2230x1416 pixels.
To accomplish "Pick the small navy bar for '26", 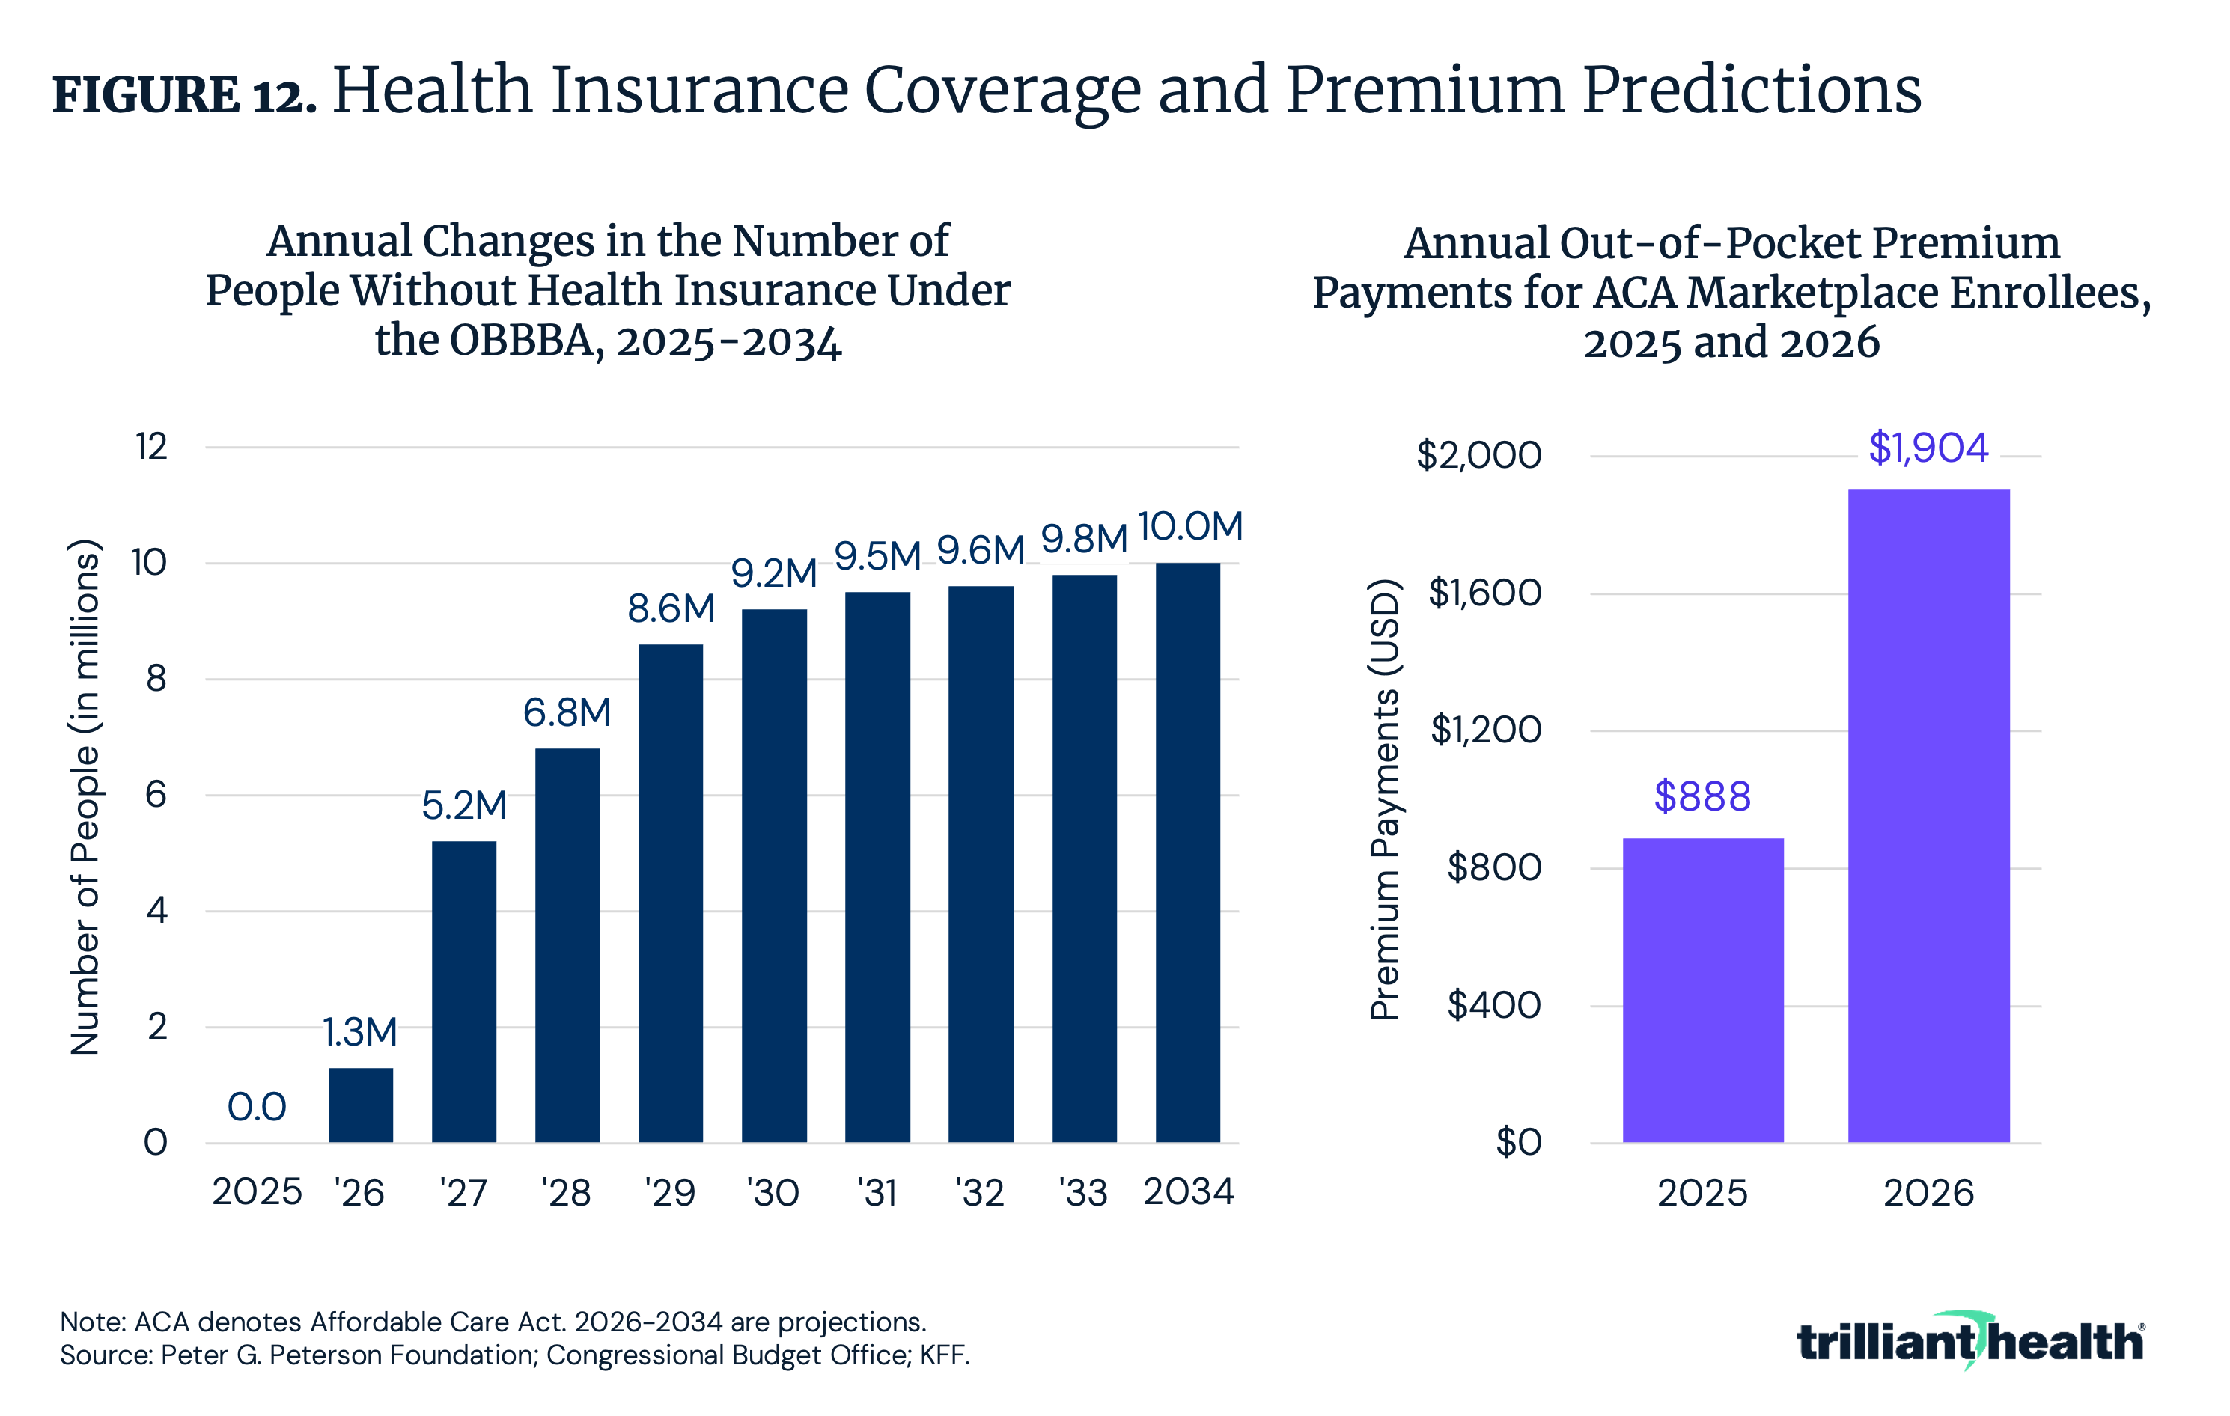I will pos(360,1105).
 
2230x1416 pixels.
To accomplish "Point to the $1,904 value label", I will pos(1928,448).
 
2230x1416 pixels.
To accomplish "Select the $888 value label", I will pos(1702,796).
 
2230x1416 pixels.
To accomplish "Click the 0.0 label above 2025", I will pos(257,1107).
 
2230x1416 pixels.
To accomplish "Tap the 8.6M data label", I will pos(671,608).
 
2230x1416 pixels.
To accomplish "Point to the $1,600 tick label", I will pos(1484,593).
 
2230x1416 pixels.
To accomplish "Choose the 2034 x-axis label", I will pos(1188,1192).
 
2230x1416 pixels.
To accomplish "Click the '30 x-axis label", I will pos(773,1193).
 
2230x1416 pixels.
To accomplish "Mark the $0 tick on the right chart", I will pos(1518,1142).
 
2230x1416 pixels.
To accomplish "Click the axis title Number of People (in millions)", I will pos(85,796).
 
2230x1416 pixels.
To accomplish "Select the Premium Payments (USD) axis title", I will pos(1385,799).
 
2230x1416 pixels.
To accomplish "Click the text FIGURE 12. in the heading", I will pos(184,95).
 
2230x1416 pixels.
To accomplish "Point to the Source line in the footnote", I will pos(515,1355).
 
